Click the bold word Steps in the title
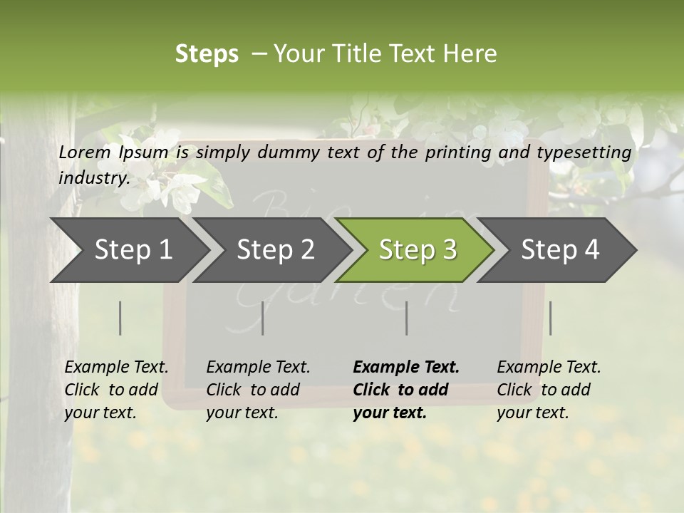point(207,54)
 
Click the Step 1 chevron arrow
point(133,249)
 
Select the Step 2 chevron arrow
point(275,249)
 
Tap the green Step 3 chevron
point(417,249)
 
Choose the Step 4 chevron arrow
point(560,249)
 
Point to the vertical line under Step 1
point(120,318)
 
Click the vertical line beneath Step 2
point(263,318)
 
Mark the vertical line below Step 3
point(406,318)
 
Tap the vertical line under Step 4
point(550,318)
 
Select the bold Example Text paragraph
point(406,390)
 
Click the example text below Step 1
point(116,390)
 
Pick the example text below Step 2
point(258,390)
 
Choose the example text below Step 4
point(549,390)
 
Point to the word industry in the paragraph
point(93,177)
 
